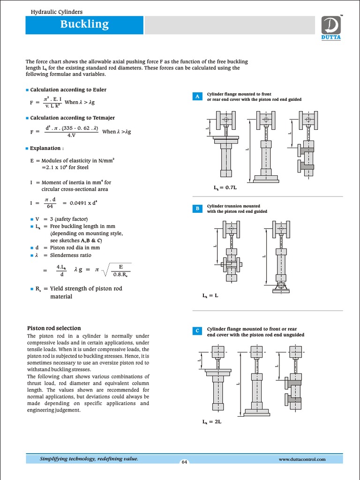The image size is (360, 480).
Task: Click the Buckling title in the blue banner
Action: [84, 24]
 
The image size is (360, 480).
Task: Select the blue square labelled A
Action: [197, 97]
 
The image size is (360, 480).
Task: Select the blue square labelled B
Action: [197, 209]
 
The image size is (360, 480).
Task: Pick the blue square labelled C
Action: [197, 331]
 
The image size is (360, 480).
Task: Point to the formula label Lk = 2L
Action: [211, 421]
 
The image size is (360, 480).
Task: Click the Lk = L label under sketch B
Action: [210, 296]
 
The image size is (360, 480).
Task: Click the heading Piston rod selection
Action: [54, 328]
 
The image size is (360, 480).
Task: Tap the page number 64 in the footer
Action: [184, 462]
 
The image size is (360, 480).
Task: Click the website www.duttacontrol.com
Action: [302, 459]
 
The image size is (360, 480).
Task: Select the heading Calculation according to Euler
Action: [68, 90]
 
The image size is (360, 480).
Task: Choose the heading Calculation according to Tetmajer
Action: [72, 118]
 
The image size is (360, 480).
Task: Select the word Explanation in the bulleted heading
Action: [45, 148]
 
